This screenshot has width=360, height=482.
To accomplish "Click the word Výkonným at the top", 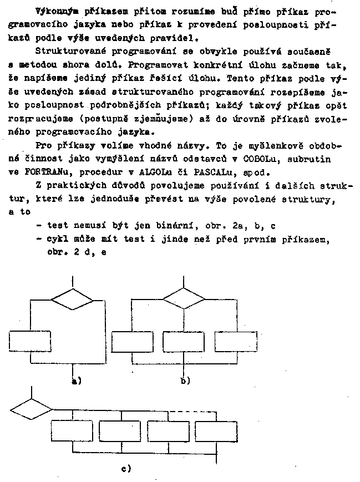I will coord(54,11).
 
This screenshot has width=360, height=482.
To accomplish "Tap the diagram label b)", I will coord(185,380).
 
